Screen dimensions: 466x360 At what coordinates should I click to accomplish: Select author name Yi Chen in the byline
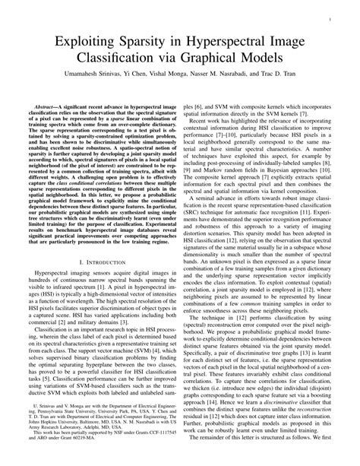(x=149, y=78)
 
